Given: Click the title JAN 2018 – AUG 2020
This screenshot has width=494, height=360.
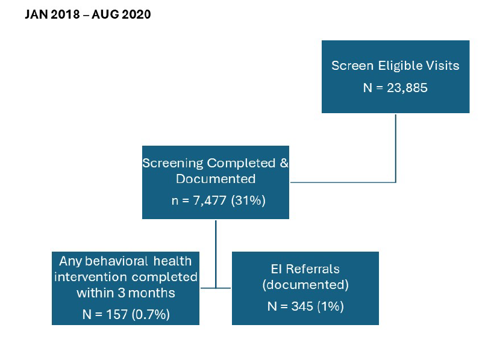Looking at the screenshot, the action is pyautogui.click(x=88, y=14).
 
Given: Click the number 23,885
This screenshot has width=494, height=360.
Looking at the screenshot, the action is pyautogui.click(x=407, y=88).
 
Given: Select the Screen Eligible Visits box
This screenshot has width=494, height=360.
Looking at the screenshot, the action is pyautogui.click(x=395, y=76).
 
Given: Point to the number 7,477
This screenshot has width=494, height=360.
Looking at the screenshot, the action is pyautogui.click(x=210, y=200).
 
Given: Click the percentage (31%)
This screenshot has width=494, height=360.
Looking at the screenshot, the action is pyautogui.click(x=248, y=200).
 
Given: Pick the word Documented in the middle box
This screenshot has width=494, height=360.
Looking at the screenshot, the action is pyautogui.click(x=216, y=179).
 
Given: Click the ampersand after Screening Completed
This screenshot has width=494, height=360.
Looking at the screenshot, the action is pyautogui.click(x=284, y=163).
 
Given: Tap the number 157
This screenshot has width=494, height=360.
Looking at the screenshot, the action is pyautogui.click(x=116, y=314).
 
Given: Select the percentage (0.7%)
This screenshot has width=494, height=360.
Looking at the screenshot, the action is pyautogui.click(x=151, y=314).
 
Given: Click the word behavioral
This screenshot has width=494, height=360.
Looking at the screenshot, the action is pyautogui.click(x=116, y=261).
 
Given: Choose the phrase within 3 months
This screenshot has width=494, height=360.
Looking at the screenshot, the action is pyautogui.click(x=126, y=293).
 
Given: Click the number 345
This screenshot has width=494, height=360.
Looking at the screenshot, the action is pyautogui.click(x=302, y=306).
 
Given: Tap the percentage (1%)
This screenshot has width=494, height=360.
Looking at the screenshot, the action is pyautogui.click(x=330, y=306).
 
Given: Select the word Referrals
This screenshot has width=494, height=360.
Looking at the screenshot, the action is pyautogui.click(x=313, y=269).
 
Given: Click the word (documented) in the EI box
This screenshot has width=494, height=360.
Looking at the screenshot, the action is pyautogui.click(x=305, y=285).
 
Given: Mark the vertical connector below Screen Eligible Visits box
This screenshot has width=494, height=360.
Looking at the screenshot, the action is pyautogui.click(x=395, y=148).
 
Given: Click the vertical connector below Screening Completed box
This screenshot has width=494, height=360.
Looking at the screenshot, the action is pyautogui.click(x=216, y=254).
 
